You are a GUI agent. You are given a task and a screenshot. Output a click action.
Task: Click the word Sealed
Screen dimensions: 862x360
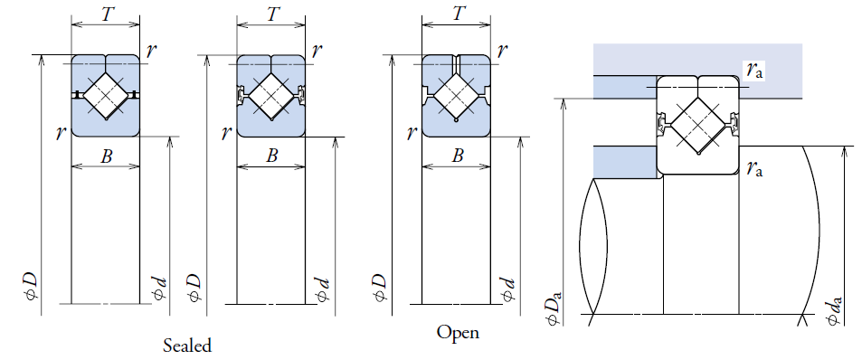coord(187,346)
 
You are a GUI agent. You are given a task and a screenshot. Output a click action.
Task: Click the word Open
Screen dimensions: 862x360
coord(458,333)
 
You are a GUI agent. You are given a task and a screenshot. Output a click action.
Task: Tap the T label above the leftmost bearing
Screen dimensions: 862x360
coord(109,14)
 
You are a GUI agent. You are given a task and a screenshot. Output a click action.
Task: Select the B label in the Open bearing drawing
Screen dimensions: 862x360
coord(458,156)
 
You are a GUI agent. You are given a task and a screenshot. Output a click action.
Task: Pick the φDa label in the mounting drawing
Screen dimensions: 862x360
coord(556,307)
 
